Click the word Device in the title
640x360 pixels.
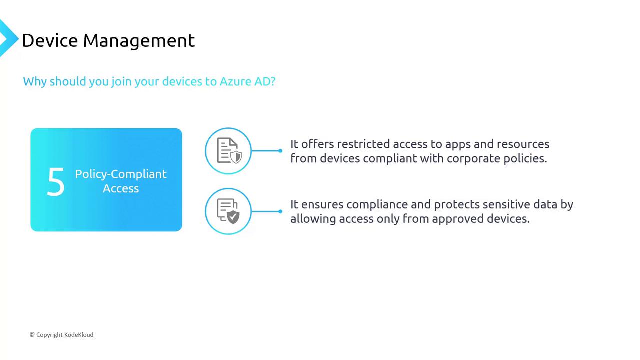[x=50, y=40]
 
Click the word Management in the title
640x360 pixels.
[x=139, y=41]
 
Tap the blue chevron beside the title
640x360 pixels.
[x=8, y=38]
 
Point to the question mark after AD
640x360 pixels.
[x=273, y=81]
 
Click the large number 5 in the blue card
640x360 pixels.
[x=56, y=181]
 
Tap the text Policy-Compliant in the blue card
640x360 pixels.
[x=121, y=174]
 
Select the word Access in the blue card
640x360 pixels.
[x=121, y=188]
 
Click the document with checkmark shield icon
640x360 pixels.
[x=228, y=211]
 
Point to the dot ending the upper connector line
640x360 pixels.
[x=280, y=151]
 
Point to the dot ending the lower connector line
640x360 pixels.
[x=280, y=211]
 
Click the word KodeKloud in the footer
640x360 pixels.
[x=79, y=335]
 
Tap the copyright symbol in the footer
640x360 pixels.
[x=32, y=335]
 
